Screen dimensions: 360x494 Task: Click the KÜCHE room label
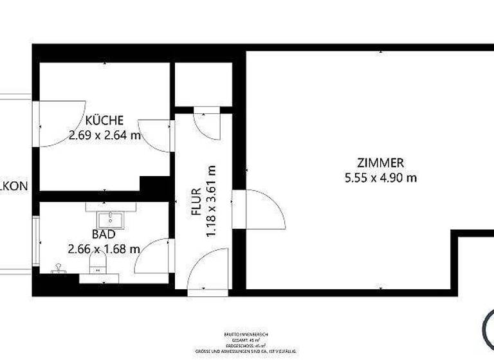coord(104,120)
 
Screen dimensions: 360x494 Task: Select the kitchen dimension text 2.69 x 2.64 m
coord(104,135)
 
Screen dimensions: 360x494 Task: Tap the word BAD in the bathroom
coord(103,235)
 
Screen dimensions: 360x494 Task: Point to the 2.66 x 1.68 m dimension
coord(104,249)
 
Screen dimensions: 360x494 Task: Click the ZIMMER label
coord(381,163)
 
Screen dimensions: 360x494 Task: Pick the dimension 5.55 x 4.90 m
coord(381,177)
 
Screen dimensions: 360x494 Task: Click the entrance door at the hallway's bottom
coord(207,273)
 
